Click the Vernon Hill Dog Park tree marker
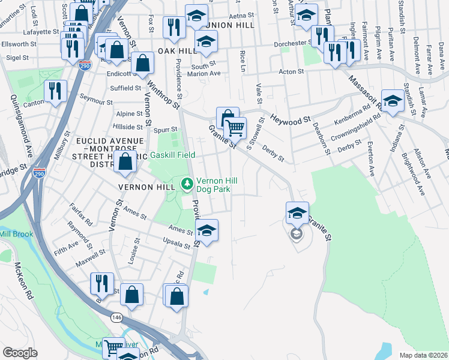(187, 183)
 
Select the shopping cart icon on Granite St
(235, 127)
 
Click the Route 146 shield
(116, 316)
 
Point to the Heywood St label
(290, 121)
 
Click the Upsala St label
(176, 241)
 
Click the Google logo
(20, 352)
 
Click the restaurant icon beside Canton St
(55, 91)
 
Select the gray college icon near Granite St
(296, 233)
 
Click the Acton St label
(291, 71)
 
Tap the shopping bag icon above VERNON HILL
(125, 162)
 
